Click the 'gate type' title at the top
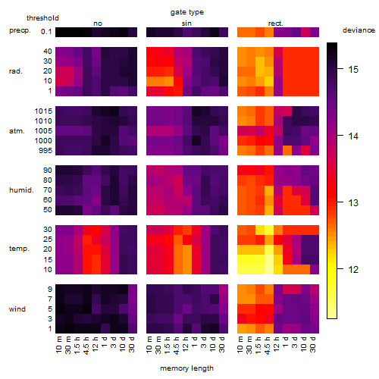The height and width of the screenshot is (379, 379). [x=187, y=12]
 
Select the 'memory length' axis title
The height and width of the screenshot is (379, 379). [x=186, y=368]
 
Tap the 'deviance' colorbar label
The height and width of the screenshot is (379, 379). [x=359, y=30]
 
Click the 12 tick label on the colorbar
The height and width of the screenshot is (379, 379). [x=353, y=269]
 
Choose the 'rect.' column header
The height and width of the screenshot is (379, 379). [x=275, y=23]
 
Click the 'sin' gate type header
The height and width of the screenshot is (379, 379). [x=186, y=23]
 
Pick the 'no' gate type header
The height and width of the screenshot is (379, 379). [x=98, y=23]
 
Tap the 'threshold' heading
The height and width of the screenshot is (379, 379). [x=42, y=18]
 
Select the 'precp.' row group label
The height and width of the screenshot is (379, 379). [x=20, y=30]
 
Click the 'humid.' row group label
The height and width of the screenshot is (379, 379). [x=21, y=189]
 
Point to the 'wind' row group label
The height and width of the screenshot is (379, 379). [x=17, y=309]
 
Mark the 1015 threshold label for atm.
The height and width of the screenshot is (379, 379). [x=43, y=111]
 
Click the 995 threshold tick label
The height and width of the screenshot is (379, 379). [x=45, y=150]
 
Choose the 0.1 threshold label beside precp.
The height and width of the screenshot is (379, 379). [x=46, y=32]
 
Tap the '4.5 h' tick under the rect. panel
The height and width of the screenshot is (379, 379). [x=269, y=345]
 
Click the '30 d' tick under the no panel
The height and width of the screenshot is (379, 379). [x=133, y=344]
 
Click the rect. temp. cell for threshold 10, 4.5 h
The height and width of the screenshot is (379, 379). [x=269, y=269]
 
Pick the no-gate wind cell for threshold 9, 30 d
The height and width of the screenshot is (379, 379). [x=133, y=289]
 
